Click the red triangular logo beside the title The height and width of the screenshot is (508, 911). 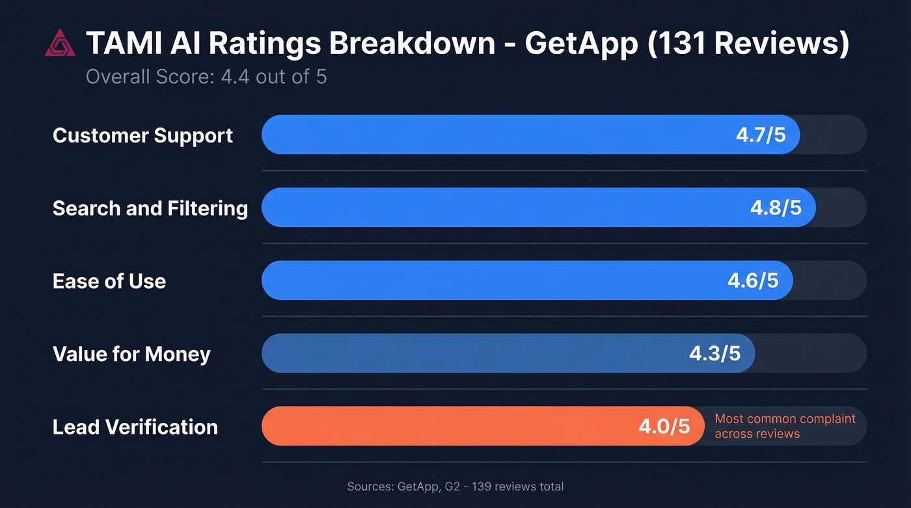point(60,44)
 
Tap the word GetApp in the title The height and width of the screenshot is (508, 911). point(582,44)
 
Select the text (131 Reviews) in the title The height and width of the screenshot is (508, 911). point(749,44)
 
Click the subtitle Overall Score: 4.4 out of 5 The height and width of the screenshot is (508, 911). point(206,77)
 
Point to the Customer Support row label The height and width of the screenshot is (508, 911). point(143,135)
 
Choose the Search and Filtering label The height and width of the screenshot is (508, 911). point(150,208)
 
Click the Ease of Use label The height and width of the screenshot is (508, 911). point(109,281)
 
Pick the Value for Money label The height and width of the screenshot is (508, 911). point(131,354)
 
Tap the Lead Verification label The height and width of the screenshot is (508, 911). point(135,427)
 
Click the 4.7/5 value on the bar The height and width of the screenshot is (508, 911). point(761,135)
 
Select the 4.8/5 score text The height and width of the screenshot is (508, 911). point(776,208)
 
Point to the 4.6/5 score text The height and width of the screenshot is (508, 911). point(753,281)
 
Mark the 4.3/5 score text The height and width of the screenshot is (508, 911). point(714,354)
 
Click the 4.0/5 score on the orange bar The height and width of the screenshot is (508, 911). point(664,427)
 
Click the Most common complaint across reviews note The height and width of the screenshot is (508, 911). point(785,426)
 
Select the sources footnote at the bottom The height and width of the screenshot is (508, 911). point(455,487)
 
